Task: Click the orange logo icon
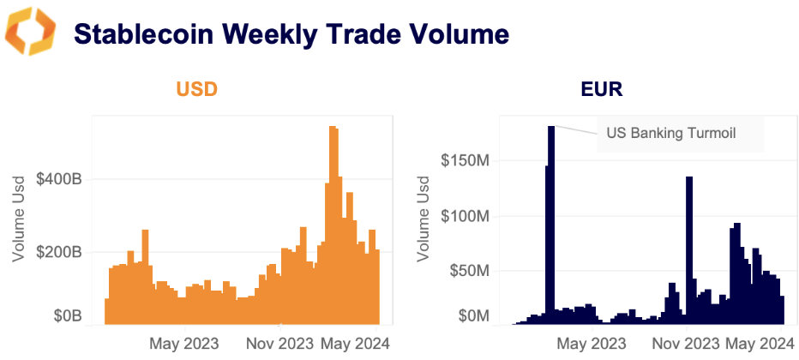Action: pyautogui.click(x=30, y=32)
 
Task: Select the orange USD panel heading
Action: pyautogui.click(x=197, y=89)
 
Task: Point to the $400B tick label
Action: pyautogui.click(x=59, y=180)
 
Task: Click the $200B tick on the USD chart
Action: pyautogui.click(x=59, y=253)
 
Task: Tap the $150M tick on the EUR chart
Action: pyautogui.click(x=466, y=160)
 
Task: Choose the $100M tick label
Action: pyautogui.click(x=466, y=215)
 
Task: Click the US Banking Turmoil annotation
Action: pyautogui.click(x=671, y=133)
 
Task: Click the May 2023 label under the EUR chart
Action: pyautogui.click(x=591, y=343)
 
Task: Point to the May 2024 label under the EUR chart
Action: pyautogui.click(x=754, y=343)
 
